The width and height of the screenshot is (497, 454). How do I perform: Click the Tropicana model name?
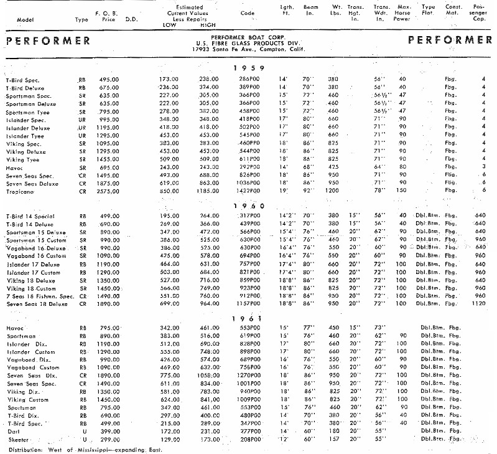[21, 192]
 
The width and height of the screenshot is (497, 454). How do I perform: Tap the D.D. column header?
[131, 19]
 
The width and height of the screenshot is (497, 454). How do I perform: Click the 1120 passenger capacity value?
[478, 304]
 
